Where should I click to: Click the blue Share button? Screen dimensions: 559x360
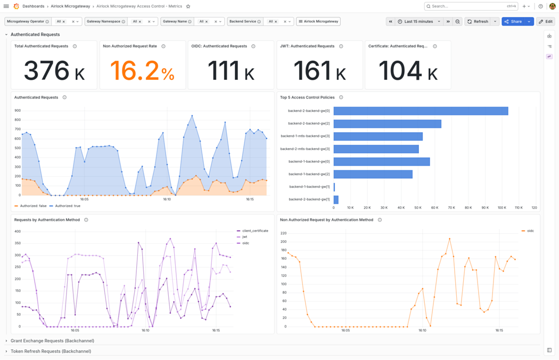click(513, 21)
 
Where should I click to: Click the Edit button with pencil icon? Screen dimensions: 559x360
click(546, 21)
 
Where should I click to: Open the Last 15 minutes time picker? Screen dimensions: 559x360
click(418, 21)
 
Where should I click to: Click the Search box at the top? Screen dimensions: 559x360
click(471, 6)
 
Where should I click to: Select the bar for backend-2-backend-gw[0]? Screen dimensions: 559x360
click(421, 111)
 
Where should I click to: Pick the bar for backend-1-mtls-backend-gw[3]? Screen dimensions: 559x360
click(378, 136)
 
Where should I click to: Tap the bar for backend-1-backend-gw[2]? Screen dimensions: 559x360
click(373, 174)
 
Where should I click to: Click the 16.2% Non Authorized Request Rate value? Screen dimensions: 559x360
click(142, 71)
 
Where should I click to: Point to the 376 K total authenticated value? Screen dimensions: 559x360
click(54, 71)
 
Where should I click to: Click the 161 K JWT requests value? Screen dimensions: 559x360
click(319, 71)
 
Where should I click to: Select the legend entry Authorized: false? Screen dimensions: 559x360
click(30, 206)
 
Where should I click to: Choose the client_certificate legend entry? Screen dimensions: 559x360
click(253, 231)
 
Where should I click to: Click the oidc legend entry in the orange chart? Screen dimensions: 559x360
click(528, 231)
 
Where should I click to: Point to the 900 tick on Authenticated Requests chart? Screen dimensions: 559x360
click(18, 111)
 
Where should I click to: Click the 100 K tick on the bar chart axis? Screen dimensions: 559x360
click(502, 208)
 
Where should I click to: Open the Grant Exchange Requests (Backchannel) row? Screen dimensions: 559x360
click(52, 341)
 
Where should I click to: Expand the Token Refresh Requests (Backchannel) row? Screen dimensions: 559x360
click(51, 351)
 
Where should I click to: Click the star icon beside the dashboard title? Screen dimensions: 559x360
click(188, 6)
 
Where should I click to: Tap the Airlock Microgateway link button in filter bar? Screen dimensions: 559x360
click(318, 21)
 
